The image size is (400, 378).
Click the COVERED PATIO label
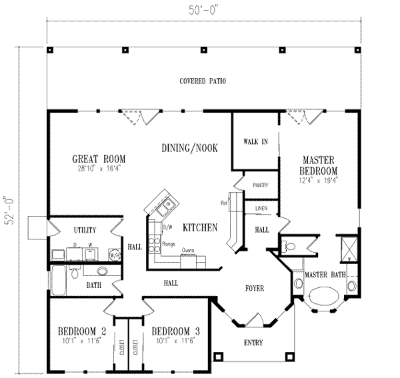point(203,81)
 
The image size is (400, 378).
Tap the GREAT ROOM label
point(99,159)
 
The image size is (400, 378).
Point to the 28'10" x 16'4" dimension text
point(99,168)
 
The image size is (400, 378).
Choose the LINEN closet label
point(261,209)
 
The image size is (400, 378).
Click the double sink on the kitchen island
point(163,205)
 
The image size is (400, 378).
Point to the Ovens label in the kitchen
point(188,251)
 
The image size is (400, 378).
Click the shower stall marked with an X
point(347,247)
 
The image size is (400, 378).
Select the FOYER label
point(254,288)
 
